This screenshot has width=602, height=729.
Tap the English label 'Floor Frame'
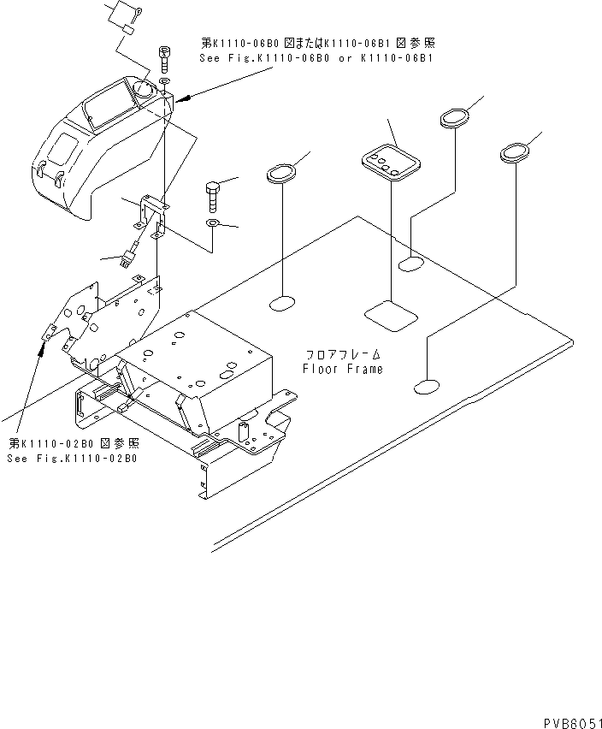point(343,369)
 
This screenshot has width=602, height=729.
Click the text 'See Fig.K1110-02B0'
point(74,459)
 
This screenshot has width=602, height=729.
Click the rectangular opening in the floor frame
point(392,315)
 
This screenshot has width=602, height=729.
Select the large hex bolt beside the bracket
point(213,197)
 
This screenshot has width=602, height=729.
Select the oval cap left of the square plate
point(282,174)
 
